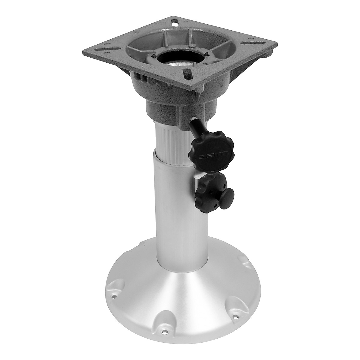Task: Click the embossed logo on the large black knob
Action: pyautogui.click(x=213, y=156)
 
